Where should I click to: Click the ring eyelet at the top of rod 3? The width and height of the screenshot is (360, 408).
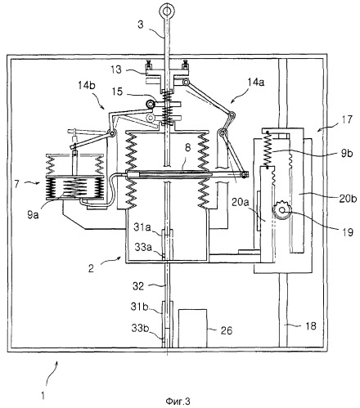pyautogui.click(x=166, y=9)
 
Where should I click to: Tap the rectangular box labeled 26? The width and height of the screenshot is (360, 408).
pyautogui.click(x=192, y=328)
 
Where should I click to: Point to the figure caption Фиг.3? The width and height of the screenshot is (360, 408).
pyautogui.click(x=178, y=401)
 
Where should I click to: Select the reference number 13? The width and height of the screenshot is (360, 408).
pyautogui.click(x=116, y=69)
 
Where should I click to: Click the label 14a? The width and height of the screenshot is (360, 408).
pyautogui.click(x=256, y=82)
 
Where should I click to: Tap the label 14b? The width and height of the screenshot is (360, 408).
pyautogui.click(x=87, y=86)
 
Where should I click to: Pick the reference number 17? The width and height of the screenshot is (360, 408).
pyautogui.click(x=347, y=119)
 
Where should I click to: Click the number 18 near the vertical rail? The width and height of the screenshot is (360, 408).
pyautogui.click(x=310, y=325)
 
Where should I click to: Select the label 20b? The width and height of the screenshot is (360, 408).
pyautogui.click(x=348, y=199)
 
